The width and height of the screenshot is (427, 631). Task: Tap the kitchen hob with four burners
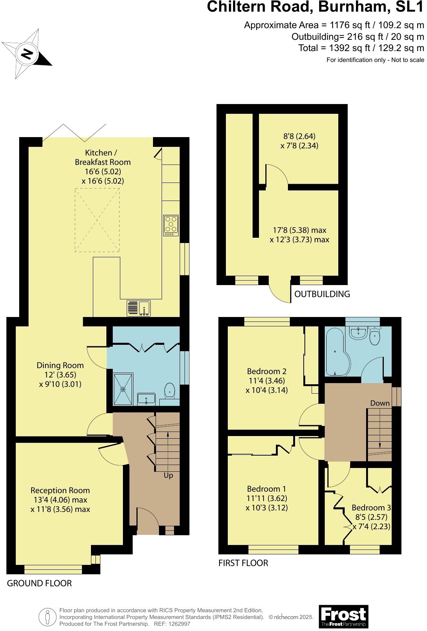coord(171,225)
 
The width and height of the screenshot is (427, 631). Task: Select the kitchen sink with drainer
coord(138,308)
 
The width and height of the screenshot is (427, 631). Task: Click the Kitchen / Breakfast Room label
coord(103,157)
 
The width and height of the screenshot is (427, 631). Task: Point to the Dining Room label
coord(60,365)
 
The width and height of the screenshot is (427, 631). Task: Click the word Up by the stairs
coord(168,476)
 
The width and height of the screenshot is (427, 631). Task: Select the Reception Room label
coord(60,490)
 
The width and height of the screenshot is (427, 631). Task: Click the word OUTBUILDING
coord(322,294)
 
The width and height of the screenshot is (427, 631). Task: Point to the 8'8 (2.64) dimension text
coord(299,136)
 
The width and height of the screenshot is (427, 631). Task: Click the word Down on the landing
coord(380,403)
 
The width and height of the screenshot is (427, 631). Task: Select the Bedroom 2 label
coord(266,371)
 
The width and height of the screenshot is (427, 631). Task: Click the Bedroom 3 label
coord(371,508)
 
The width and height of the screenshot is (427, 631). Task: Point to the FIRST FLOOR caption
coord(243,563)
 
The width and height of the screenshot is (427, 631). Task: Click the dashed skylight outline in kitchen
coord(97,220)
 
